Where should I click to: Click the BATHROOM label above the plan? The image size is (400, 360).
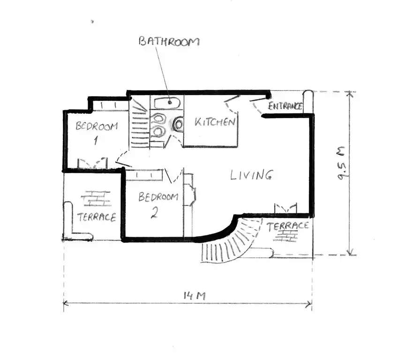[169, 41]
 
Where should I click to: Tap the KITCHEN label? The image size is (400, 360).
[215, 122]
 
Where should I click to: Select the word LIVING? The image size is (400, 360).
[251, 175]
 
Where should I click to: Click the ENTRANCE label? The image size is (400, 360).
[285, 106]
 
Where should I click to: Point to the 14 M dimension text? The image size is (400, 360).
[195, 296]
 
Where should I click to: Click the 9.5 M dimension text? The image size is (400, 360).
[341, 163]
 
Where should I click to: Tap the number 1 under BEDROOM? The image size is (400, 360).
[96, 140]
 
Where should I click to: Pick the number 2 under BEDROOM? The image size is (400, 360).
[154, 213]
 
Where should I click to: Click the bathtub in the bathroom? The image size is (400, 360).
[167, 103]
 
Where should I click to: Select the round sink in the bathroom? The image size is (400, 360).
[178, 124]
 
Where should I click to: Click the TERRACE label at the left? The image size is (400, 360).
[97, 217]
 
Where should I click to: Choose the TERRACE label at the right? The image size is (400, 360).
[287, 226]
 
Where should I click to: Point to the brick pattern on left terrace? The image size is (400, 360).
[96, 198]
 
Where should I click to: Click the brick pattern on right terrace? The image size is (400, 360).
[286, 236]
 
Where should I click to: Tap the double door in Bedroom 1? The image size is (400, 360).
[92, 163]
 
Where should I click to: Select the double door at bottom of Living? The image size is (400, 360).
[286, 209]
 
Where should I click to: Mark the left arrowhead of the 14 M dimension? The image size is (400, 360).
[65, 303]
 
